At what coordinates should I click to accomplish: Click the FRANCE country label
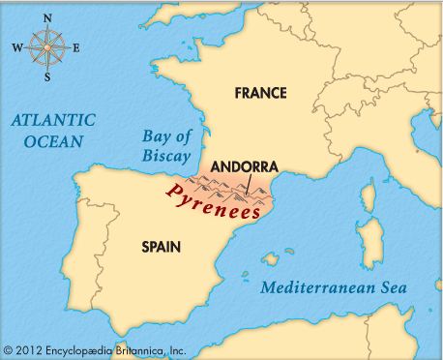click(261, 93)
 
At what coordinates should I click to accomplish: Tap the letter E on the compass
click(76, 46)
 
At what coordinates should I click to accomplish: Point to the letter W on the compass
click(15, 46)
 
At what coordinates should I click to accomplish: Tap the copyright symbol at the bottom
click(9, 348)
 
